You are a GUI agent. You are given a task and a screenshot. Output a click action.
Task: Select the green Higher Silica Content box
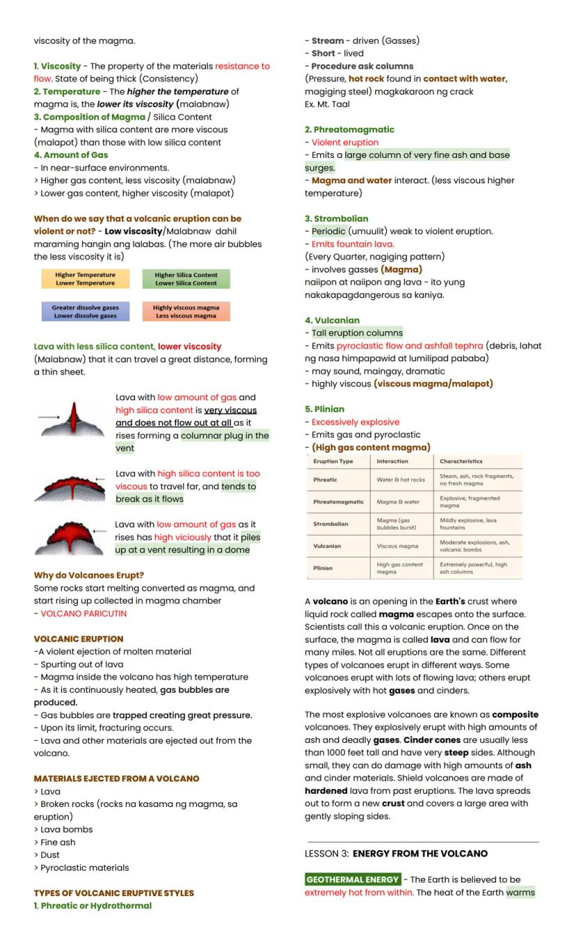click(186, 279)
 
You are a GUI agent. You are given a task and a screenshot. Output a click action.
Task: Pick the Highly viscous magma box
click(186, 311)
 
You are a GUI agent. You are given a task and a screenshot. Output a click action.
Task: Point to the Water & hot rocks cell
click(400, 480)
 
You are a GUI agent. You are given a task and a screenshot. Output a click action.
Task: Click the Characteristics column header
click(461, 461)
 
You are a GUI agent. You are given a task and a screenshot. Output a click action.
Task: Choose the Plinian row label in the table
click(323, 568)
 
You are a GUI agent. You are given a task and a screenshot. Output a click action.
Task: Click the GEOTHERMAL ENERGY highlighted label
click(353, 879)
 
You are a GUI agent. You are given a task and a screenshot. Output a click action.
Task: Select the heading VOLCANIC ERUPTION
click(79, 638)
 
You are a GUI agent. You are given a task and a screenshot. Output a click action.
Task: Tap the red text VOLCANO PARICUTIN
click(83, 613)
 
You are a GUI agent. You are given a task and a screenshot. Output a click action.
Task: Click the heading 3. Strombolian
click(337, 219)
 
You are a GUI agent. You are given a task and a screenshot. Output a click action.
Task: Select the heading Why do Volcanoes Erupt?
click(89, 575)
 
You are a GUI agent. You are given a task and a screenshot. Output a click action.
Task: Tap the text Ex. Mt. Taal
click(327, 104)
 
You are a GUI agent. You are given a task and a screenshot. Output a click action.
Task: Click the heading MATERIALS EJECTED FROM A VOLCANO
click(117, 778)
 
